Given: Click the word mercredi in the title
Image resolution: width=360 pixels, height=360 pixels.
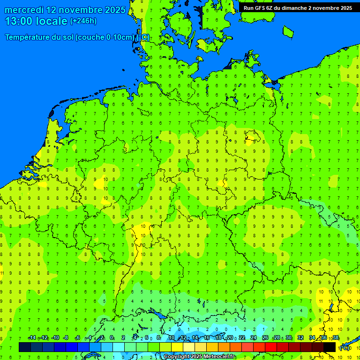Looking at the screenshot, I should [x=24, y=10].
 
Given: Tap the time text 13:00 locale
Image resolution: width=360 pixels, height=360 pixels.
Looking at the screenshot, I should [x=37, y=21].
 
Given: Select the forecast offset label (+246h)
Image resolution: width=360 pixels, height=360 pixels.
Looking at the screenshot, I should [x=83, y=21].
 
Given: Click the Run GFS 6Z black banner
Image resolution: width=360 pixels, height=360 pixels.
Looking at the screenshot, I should [x=298, y=8].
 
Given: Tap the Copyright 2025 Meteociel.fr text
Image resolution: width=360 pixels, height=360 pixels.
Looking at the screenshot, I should [x=199, y=357].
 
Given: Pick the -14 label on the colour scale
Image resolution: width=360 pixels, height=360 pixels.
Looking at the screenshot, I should [x=32, y=338].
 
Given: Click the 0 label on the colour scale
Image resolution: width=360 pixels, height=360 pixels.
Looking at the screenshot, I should [x=112, y=338].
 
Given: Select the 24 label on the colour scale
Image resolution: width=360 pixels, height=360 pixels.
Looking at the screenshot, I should [x=254, y=338].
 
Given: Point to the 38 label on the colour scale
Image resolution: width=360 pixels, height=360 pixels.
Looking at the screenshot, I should [x=336, y=338].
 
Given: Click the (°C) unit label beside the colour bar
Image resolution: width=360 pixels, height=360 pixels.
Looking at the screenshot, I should [x=345, y=348].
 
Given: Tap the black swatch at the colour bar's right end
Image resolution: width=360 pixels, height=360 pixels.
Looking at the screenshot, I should [x=330, y=347].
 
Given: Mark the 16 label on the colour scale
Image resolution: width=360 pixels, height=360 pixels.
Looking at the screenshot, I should [x=206, y=338].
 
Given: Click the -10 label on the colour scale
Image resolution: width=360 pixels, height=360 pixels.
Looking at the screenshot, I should [x=55, y=338].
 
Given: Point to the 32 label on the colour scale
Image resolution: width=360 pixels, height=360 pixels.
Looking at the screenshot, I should [x=300, y=338].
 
